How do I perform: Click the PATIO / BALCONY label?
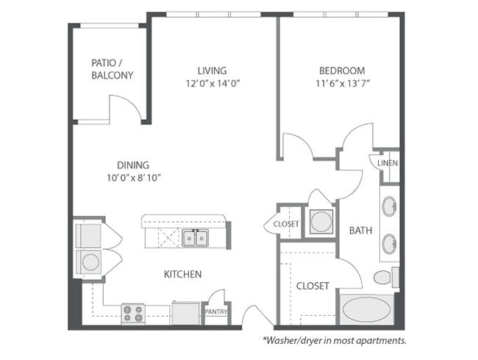pyautogui.click(x=113, y=69)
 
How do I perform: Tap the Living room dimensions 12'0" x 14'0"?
pyautogui.click(x=213, y=83)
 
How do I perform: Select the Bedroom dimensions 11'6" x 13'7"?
pyautogui.click(x=343, y=83)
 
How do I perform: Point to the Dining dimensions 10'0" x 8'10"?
pyautogui.click(x=134, y=178)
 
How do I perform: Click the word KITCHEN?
pyautogui.click(x=182, y=275)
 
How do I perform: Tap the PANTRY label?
pyautogui.click(x=216, y=312)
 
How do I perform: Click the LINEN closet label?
pyautogui.click(x=388, y=163)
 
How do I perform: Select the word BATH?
pyautogui.click(x=360, y=230)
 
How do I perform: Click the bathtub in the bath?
pyautogui.click(x=366, y=309)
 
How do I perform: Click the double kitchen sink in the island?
pyautogui.click(x=196, y=238)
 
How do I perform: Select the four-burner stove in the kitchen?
pyautogui.click(x=133, y=314)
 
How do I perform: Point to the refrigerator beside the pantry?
pyautogui.click(x=185, y=313)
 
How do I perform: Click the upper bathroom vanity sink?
pyautogui.click(x=389, y=206)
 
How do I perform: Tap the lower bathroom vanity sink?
pyautogui.click(x=389, y=244)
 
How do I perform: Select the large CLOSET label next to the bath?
pyautogui.click(x=313, y=286)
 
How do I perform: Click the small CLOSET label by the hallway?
pyautogui.click(x=286, y=224)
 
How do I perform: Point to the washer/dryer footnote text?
pyautogui.click(x=335, y=340)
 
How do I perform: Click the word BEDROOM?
pyautogui.click(x=342, y=71)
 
